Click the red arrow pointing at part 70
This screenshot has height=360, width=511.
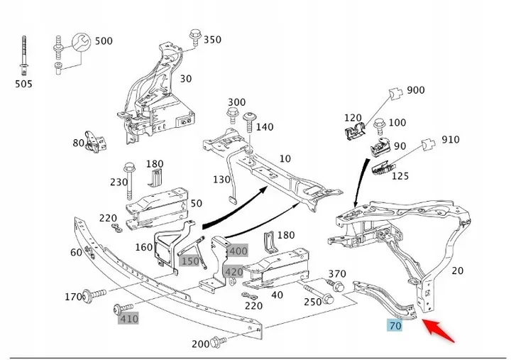(439, 331)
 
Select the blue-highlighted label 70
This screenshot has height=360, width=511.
(395, 326)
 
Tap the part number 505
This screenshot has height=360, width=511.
(23, 84)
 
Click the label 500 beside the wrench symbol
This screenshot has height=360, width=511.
(103, 41)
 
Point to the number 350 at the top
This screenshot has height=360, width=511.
(212, 40)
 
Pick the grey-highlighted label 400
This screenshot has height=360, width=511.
(238, 251)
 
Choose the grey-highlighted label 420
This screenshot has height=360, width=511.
(233, 271)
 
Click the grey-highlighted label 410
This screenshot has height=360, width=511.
(128, 319)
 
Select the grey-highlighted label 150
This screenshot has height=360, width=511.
(190, 261)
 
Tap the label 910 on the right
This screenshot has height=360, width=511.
(451, 140)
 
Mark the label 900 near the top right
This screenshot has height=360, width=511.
(415, 90)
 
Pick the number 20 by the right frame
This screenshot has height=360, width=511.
(457, 270)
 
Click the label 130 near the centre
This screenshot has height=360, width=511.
(221, 179)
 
